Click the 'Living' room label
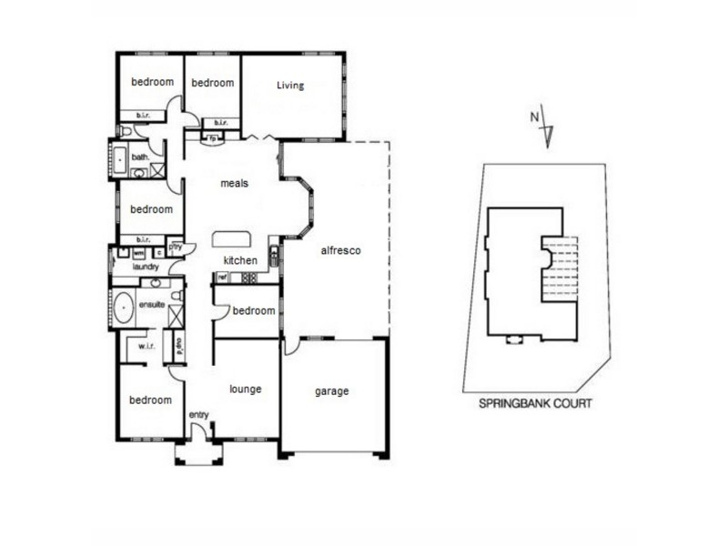(x=290, y=86)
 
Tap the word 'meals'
(x=235, y=183)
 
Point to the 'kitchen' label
(x=241, y=261)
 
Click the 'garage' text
(x=332, y=391)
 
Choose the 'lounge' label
(x=245, y=389)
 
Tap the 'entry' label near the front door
(x=198, y=415)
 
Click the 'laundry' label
(x=146, y=267)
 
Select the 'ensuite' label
(x=151, y=304)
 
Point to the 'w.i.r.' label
(x=145, y=346)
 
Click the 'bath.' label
(x=140, y=157)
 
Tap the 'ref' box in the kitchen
(x=221, y=276)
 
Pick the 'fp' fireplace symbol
(x=214, y=139)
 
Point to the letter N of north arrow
(x=534, y=116)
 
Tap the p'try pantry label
(x=176, y=247)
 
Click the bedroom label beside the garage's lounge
(x=253, y=310)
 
